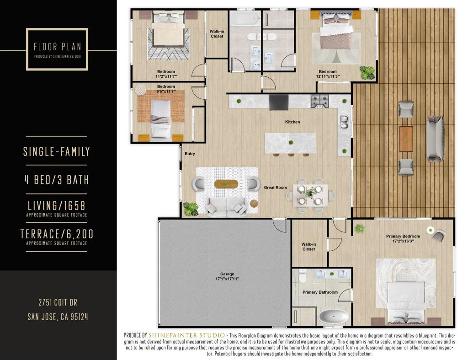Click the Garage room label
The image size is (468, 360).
click(227, 274)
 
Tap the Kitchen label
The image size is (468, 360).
click(292, 122)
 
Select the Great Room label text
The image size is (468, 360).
click(275, 188)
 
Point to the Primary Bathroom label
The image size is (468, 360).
click(320, 292)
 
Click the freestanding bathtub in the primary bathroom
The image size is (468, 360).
click(334, 317)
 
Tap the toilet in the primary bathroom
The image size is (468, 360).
click(303, 276)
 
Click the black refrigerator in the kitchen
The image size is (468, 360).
click(279, 102)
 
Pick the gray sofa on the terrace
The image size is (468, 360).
click(435, 139)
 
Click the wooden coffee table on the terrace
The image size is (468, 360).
click(406, 139)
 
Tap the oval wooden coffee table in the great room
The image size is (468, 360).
click(226, 184)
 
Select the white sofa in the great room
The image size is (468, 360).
click(227, 207)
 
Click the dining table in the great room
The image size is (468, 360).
click(310, 195)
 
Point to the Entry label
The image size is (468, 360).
click(190, 154)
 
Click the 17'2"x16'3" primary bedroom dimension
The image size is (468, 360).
click(403, 241)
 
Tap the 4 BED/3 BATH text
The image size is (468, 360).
click(56, 180)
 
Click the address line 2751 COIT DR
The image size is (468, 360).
click(58, 302)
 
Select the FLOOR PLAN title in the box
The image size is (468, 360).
click(57, 47)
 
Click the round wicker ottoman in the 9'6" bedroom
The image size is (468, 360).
click(140, 90)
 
